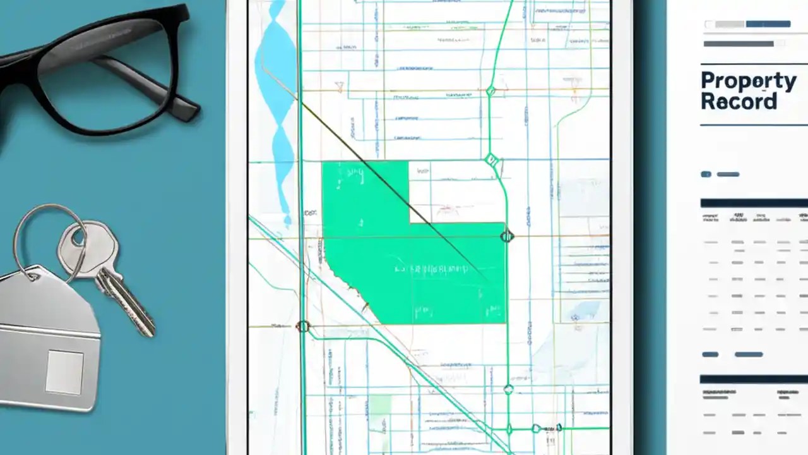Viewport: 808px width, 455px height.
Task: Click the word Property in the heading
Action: [748, 82]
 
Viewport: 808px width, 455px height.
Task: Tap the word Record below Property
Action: [738, 102]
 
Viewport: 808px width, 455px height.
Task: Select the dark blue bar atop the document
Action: [768, 24]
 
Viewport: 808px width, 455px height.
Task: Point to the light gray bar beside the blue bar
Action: [730, 24]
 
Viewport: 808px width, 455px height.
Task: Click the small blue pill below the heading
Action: [706, 174]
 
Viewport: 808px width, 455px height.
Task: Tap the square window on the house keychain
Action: [64, 372]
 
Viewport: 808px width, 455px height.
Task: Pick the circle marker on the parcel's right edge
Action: [506, 236]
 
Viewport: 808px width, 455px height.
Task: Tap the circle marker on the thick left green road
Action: [303, 326]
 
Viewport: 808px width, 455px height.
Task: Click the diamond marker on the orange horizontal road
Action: [490, 91]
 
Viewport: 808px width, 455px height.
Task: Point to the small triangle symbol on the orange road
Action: [339, 85]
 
